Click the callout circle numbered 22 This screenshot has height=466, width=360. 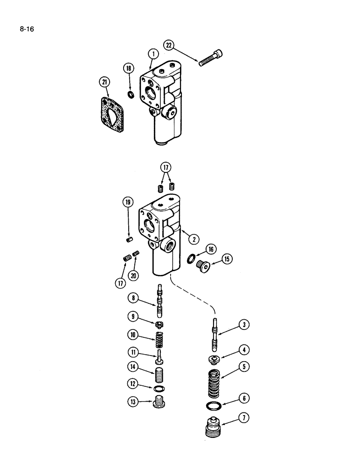click(169, 45)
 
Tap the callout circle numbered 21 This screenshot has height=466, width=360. click(104, 82)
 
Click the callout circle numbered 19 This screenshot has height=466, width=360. click(129, 203)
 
